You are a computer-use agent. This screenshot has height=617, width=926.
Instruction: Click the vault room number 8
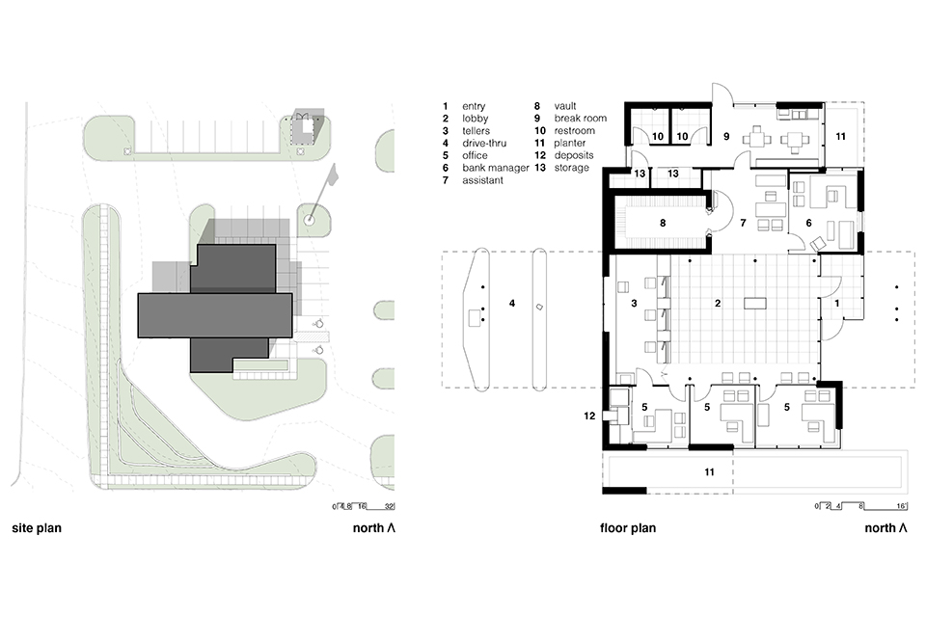coord(663,224)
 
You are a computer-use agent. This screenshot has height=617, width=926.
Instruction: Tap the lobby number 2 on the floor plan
coord(718,304)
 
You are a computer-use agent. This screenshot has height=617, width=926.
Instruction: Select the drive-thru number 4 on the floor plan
coord(512,304)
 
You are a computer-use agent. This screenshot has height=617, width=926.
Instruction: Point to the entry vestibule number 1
coord(837,304)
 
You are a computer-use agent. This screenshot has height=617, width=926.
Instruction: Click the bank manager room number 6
coord(808,224)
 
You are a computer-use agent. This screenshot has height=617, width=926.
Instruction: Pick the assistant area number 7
coord(743,224)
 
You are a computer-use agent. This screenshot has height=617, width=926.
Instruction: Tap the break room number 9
coord(726,136)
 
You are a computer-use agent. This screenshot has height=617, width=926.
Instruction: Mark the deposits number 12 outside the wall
coord(589,416)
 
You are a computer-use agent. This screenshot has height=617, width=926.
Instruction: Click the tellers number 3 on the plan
coord(634,304)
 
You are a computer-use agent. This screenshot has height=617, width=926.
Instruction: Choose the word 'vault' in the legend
coord(565,106)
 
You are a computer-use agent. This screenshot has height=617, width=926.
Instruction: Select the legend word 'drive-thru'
coord(484,143)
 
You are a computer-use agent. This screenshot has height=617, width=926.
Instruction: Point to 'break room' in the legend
coord(581,118)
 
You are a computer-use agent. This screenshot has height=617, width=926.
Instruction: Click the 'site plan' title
coord(37,528)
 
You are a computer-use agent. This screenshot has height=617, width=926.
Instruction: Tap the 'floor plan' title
coord(628,528)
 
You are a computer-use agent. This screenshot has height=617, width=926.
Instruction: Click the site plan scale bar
coord(364,506)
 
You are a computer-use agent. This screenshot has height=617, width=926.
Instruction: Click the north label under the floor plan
coord(885,528)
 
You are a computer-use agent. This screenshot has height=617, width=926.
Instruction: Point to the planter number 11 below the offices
coord(709,472)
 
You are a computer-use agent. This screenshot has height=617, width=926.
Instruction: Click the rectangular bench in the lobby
coord(755,304)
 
